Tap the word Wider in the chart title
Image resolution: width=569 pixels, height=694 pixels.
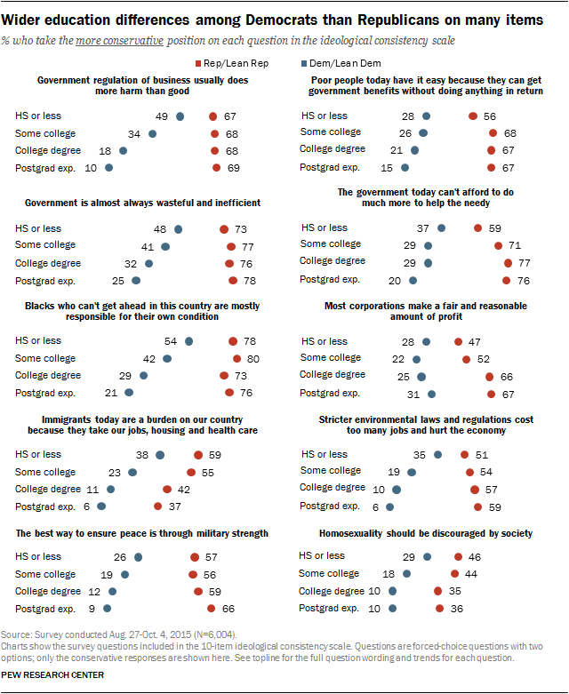26,20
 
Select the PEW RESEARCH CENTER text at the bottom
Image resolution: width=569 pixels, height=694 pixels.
52,675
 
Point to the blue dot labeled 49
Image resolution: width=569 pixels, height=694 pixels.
180,116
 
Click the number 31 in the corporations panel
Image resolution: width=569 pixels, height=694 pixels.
413,392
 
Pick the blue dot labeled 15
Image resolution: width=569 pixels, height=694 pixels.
405,166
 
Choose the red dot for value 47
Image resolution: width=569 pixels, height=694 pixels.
458,342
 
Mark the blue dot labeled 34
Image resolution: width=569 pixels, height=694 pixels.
152,133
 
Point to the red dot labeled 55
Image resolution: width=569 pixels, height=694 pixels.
191,472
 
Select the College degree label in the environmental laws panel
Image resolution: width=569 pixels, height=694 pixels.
332,489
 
